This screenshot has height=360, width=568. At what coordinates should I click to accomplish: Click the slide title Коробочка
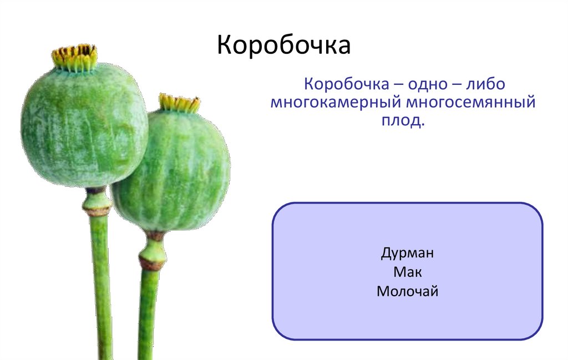[x=283, y=46]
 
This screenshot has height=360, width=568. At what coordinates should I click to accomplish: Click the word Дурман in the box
[x=407, y=254]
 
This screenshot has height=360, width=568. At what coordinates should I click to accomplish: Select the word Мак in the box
[x=407, y=272]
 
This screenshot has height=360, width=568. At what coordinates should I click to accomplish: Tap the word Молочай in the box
[x=407, y=291]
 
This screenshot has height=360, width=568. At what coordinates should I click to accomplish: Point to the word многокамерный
[x=336, y=103]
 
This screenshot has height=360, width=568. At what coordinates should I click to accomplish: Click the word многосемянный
[x=471, y=103]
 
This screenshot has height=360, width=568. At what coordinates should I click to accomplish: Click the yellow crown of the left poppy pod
[x=75, y=58]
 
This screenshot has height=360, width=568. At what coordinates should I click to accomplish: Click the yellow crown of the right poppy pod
[x=179, y=103]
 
